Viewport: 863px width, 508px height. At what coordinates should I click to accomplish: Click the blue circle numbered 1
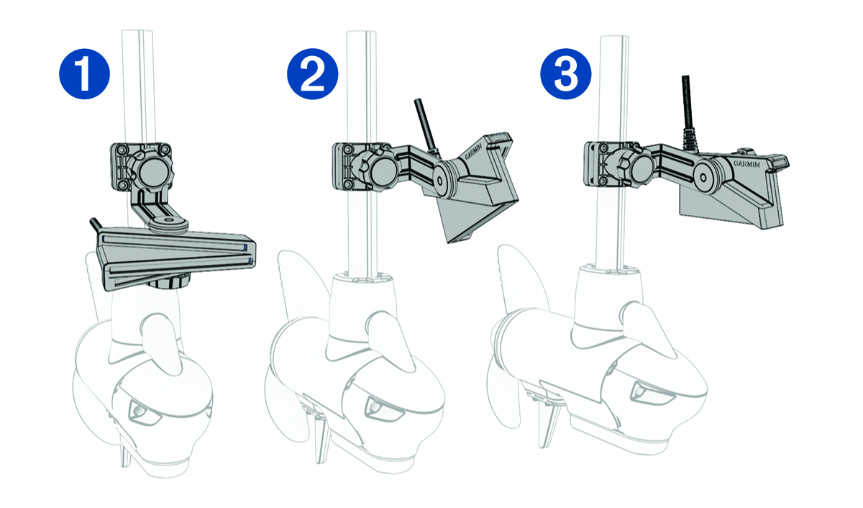83,74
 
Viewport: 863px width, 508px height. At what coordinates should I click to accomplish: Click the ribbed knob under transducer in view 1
168,280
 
